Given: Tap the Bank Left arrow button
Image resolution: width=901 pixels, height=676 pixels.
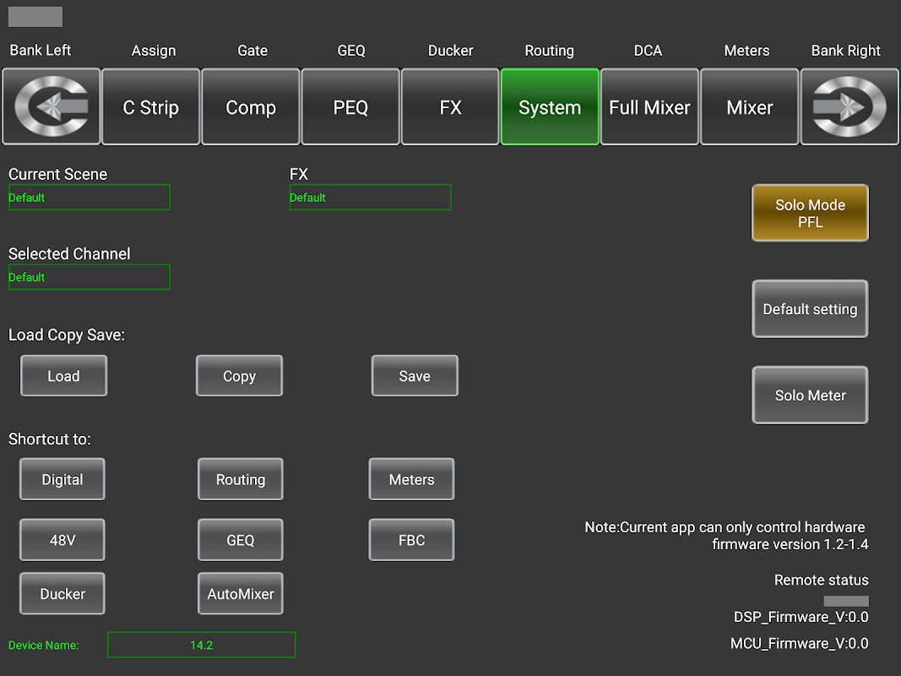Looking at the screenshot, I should tap(51, 107).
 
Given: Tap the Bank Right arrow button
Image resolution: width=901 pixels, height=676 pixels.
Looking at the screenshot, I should tap(849, 107).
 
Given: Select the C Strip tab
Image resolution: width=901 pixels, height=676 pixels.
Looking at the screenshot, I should tap(150, 107).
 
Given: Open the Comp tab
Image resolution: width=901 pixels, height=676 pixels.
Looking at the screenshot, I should tap(251, 107).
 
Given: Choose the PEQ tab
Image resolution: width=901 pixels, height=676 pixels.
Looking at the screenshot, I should tap(350, 107).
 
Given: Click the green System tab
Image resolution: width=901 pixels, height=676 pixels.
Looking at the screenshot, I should tap(550, 107).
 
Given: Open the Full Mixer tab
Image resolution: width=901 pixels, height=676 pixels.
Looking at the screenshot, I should tap(649, 107).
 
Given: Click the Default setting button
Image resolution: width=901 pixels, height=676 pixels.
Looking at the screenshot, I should tap(810, 309).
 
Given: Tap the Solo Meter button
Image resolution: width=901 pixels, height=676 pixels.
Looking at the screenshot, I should tap(810, 395).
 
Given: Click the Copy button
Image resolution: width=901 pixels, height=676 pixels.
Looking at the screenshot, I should tap(239, 376).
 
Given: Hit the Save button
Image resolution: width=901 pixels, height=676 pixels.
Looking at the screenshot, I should tap(415, 376).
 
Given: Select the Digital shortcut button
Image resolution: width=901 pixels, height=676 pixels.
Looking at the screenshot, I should tap(62, 479).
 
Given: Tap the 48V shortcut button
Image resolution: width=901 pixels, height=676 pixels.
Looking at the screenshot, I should tap(62, 540).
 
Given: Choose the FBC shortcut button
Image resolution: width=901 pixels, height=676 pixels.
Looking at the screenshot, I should tap(411, 540).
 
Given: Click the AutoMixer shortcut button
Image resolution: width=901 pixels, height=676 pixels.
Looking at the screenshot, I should tap(241, 594).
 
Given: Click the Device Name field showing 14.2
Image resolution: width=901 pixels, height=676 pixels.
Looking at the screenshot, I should tap(201, 645).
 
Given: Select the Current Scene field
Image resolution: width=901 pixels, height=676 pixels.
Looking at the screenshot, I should tap(89, 198).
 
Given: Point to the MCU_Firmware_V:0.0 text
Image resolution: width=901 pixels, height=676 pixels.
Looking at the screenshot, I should tap(799, 643).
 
